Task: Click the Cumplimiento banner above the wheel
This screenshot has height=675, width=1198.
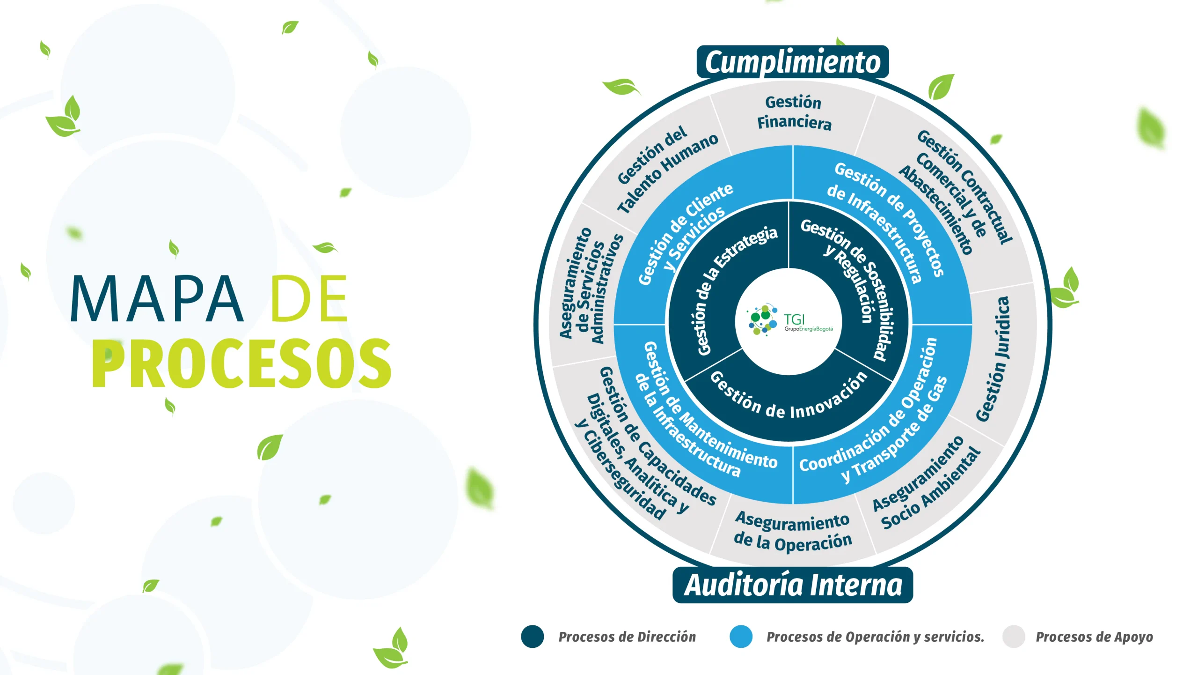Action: [792, 62]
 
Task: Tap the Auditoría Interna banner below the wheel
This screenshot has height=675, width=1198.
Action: [793, 585]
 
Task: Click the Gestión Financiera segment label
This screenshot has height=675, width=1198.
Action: [794, 112]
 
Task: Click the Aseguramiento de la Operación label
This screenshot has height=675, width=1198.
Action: [792, 531]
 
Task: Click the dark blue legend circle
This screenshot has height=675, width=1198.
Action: [533, 637]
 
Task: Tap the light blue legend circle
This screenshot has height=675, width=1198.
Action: [741, 637]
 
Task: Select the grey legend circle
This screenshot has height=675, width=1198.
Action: [1014, 637]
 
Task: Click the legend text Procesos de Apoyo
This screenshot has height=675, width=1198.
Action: [1094, 637]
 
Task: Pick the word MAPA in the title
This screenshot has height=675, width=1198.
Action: [157, 299]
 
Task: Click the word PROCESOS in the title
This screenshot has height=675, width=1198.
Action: [241, 363]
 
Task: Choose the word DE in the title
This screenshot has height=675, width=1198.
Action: [309, 299]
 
